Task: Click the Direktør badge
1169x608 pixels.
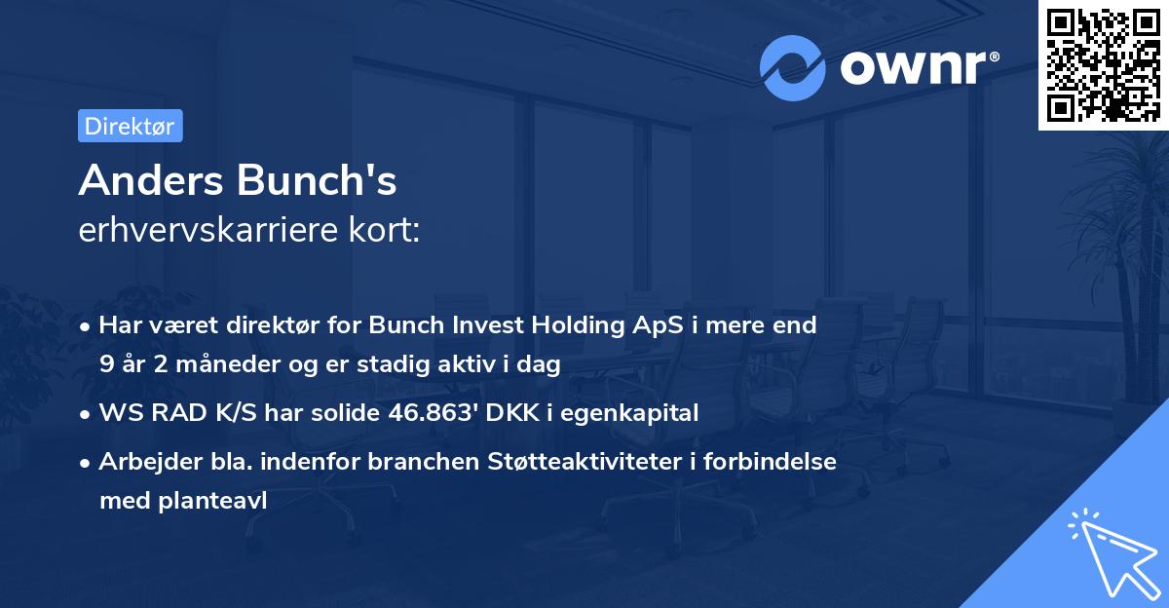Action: tap(130, 126)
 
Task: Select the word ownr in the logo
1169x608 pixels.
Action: tap(913, 67)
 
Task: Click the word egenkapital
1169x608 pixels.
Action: tap(638, 413)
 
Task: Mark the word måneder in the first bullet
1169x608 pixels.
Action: tap(211, 364)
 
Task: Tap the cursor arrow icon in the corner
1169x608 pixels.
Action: tap(1111, 551)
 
